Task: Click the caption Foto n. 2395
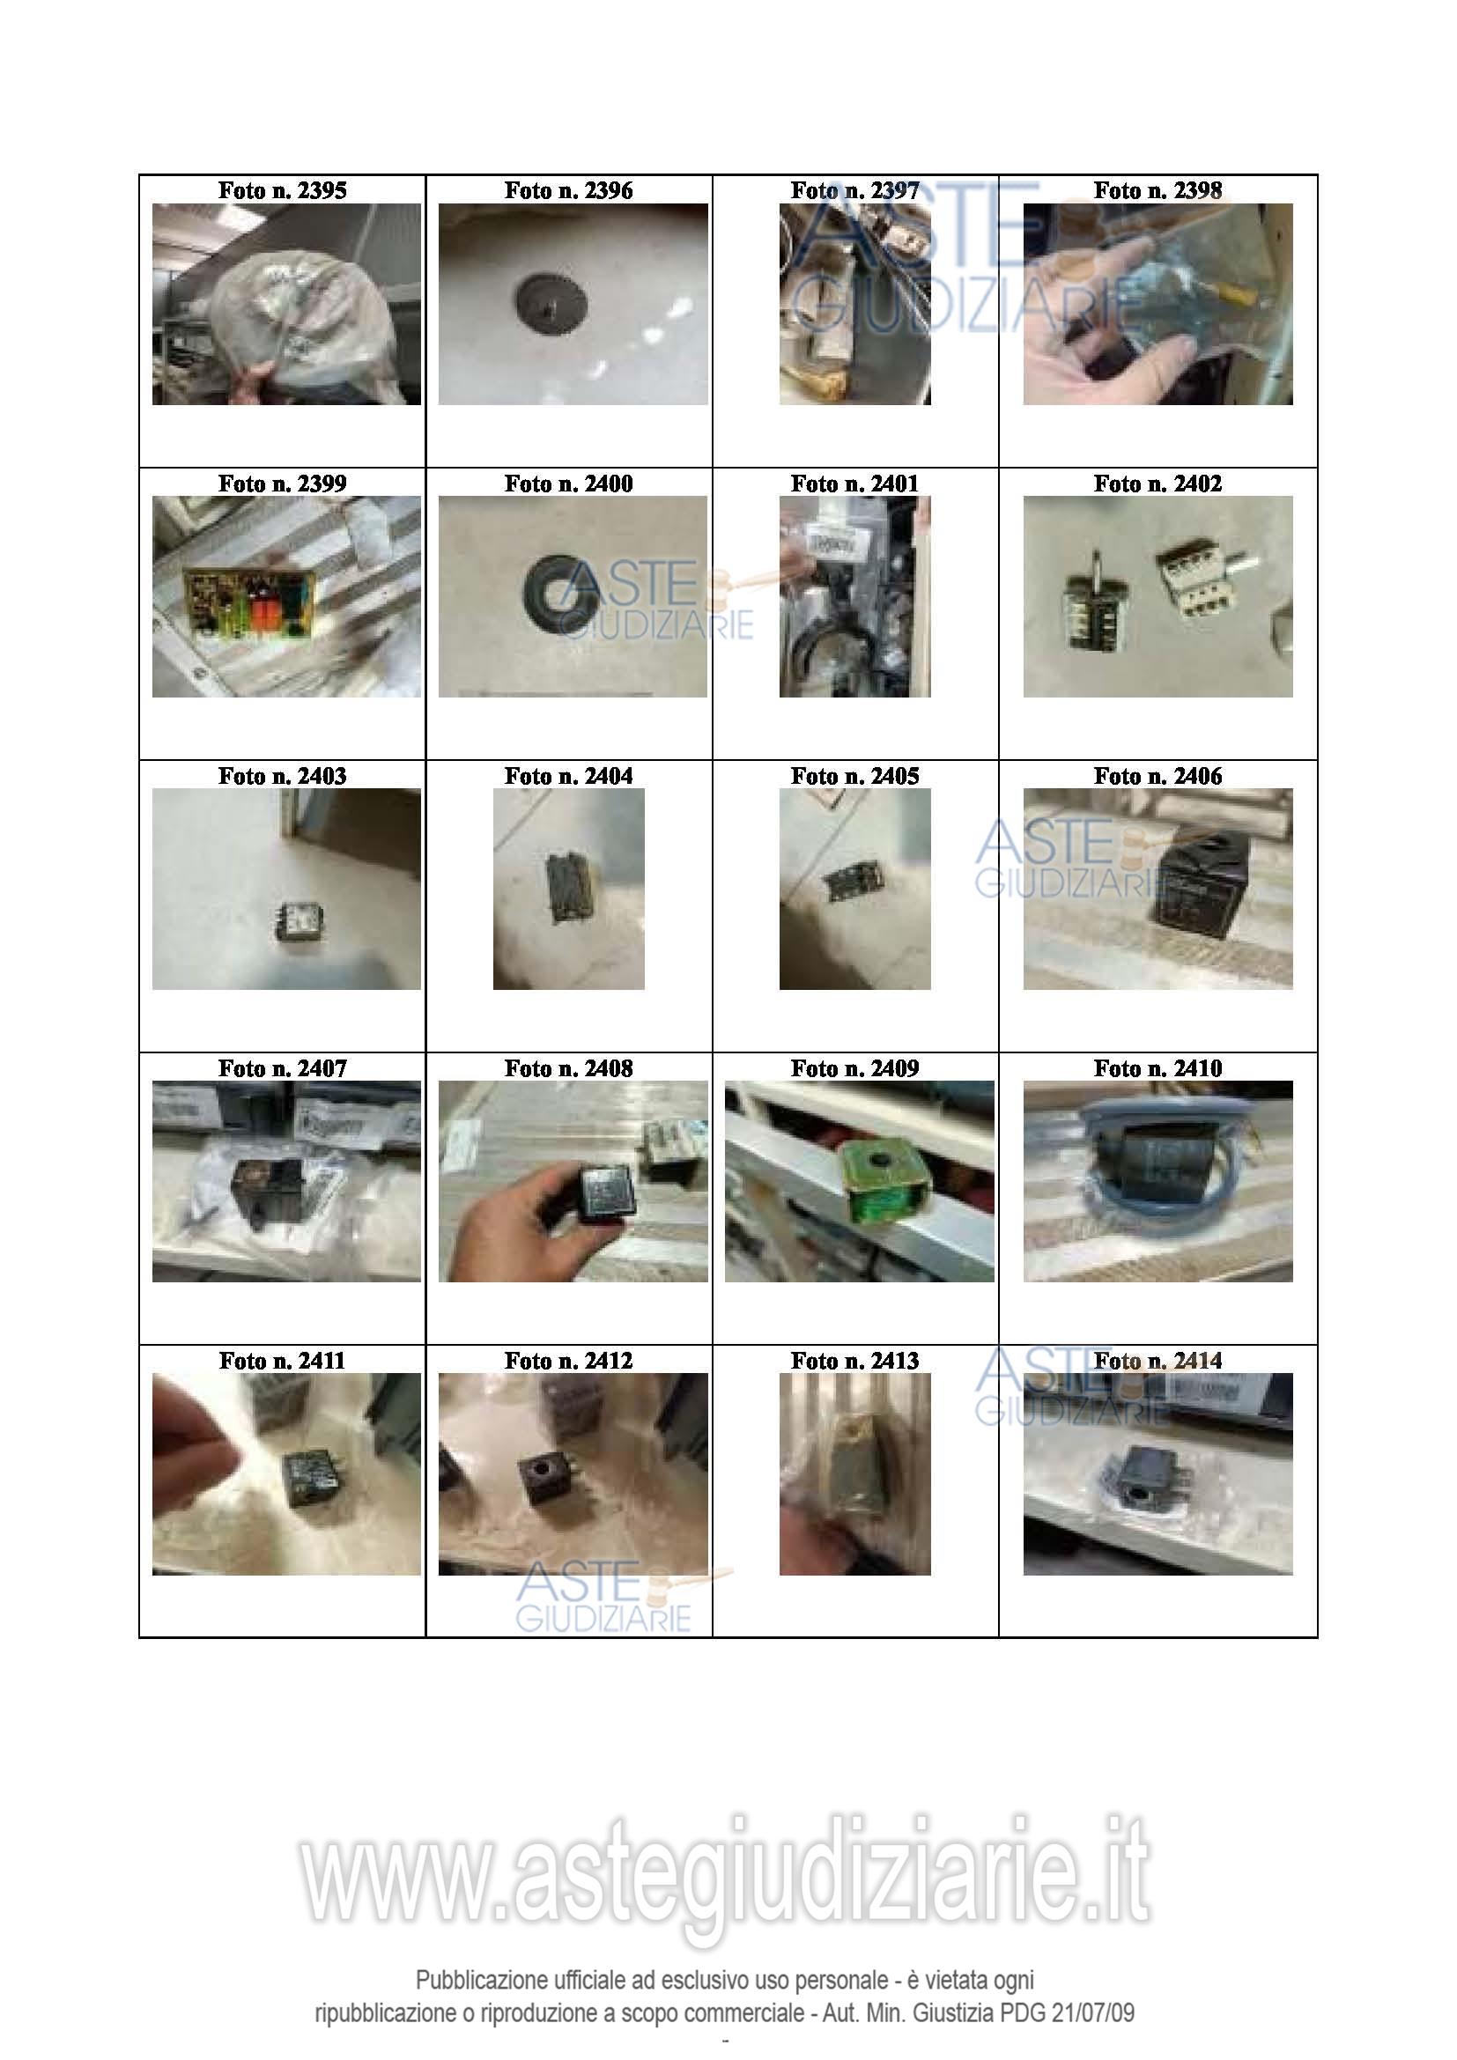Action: (282, 190)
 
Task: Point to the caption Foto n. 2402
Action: (1157, 484)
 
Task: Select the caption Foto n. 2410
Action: (1157, 1068)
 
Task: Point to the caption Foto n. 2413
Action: (855, 1361)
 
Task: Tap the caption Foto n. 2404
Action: (569, 776)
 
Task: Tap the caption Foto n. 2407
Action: (282, 1068)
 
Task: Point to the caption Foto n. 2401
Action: (855, 484)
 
